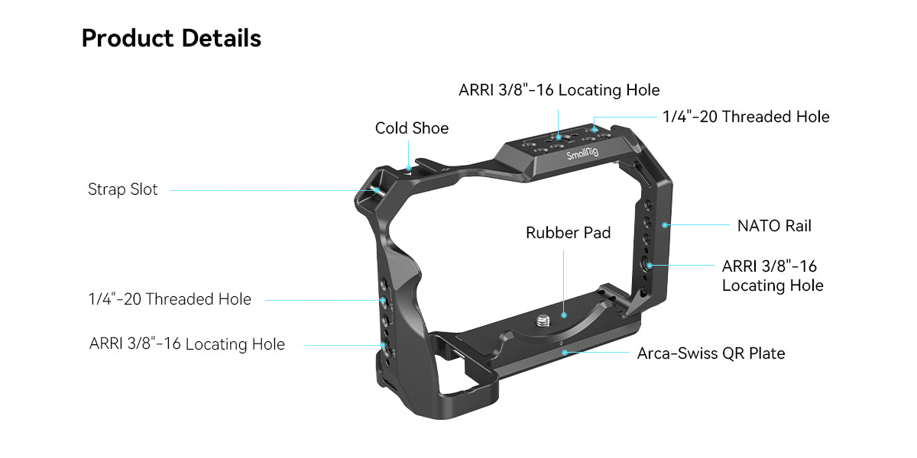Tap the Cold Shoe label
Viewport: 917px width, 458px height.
(411, 128)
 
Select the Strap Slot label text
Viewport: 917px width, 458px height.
(122, 189)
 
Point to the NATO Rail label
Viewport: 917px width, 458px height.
(773, 225)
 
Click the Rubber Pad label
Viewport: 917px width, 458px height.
(568, 233)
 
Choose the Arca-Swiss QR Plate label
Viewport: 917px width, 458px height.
(711, 353)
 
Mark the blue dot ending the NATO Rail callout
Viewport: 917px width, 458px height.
(666, 225)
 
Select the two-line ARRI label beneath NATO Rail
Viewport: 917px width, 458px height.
(772, 276)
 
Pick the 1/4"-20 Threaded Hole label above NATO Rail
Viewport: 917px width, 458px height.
(745, 117)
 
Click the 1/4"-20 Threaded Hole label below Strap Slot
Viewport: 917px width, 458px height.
(170, 299)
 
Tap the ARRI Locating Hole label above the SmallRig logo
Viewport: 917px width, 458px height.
(559, 90)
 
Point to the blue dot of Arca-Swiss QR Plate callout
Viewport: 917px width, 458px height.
(564, 352)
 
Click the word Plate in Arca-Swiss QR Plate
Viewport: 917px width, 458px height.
(766, 353)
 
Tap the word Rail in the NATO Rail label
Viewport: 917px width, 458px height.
(796, 225)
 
